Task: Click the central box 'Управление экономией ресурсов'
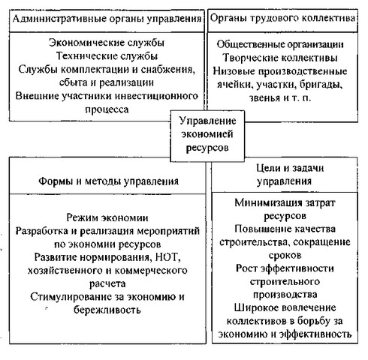(207, 136)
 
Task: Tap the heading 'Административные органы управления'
(107, 19)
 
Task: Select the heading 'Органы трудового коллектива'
(282, 18)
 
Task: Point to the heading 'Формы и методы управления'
(108, 181)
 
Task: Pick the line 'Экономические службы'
(107, 43)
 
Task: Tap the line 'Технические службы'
(107, 56)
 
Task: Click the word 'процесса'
(107, 109)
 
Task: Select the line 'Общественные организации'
(280, 44)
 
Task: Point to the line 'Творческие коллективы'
(280, 58)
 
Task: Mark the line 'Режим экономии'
(107, 218)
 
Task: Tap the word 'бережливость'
(107, 310)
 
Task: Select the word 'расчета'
(107, 284)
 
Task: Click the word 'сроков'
(285, 255)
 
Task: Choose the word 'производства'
(285, 295)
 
